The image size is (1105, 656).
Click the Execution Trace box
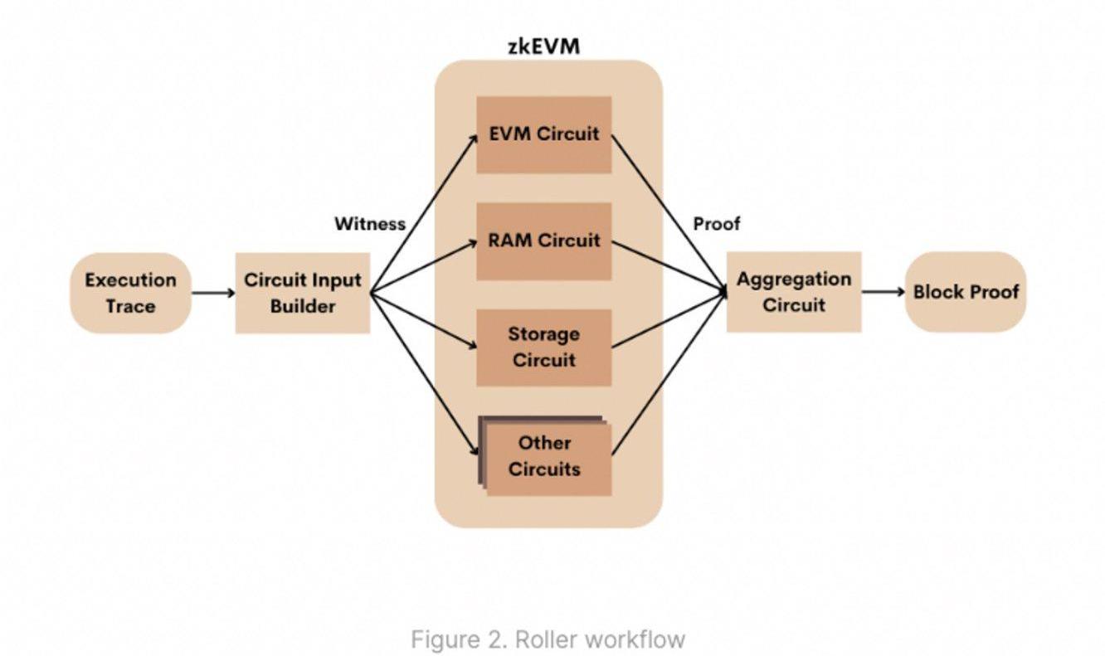[x=130, y=293]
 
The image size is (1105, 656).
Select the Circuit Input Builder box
[x=302, y=293]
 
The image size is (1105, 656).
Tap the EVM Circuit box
[x=543, y=134]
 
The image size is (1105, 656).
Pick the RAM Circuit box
[x=543, y=241]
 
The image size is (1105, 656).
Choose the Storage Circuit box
[x=543, y=347]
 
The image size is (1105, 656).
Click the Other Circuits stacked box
[x=545, y=456]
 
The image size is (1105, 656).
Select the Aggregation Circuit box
[x=794, y=292]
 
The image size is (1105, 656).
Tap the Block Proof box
[x=966, y=292]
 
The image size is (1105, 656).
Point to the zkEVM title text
[x=543, y=46]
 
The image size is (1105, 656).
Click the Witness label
[x=370, y=224]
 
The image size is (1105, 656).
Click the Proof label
[x=717, y=224]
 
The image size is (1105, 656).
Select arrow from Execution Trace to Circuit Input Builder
[x=213, y=293]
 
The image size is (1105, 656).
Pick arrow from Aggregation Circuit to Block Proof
[x=883, y=292]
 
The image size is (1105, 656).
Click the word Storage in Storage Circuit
[x=543, y=334]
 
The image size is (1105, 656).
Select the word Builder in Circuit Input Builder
[x=302, y=306]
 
